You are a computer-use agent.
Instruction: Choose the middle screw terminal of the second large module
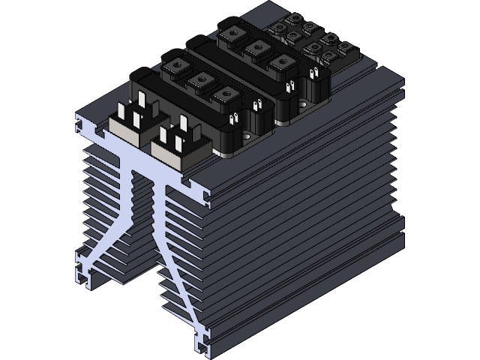255,49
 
